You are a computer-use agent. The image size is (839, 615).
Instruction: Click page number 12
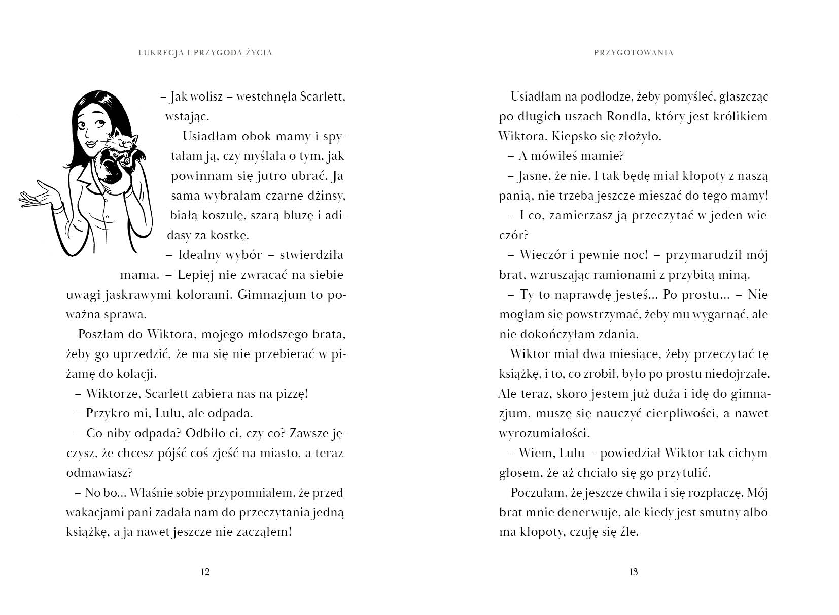click(205, 572)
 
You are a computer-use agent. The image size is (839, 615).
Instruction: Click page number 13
click(633, 572)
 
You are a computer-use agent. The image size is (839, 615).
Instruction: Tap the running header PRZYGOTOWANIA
click(633, 53)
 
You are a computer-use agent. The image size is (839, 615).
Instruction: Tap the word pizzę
click(286, 394)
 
